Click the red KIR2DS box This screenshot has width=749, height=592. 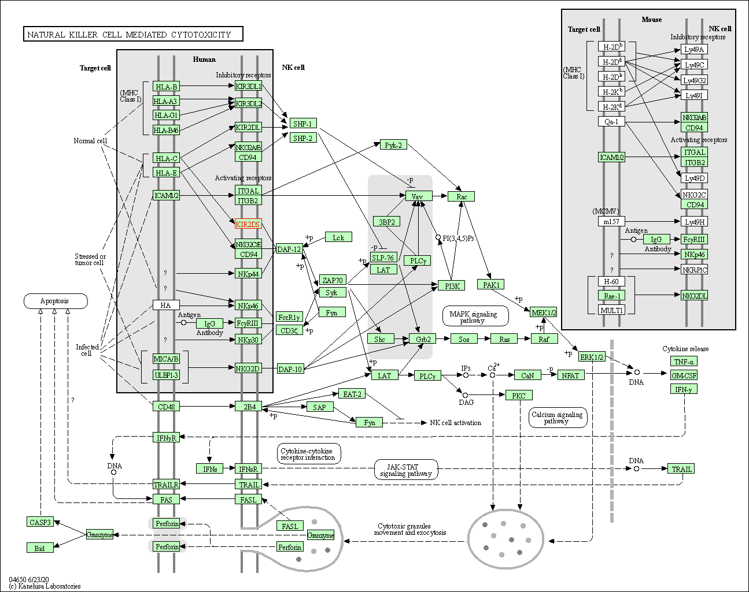[x=248, y=224]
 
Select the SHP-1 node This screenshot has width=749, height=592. [x=303, y=124]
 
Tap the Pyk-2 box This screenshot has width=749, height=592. [x=393, y=145]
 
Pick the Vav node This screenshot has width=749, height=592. [x=419, y=196]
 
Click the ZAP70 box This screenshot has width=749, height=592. [x=333, y=280]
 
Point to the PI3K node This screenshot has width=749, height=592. [x=451, y=286]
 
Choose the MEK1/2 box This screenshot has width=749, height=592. [x=543, y=312]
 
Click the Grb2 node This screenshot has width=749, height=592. [x=422, y=339]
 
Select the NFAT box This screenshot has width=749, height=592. [x=571, y=375]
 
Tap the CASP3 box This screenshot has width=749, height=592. [x=40, y=522]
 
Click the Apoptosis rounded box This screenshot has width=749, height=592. [x=56, y=301]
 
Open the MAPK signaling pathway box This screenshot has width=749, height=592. [x=475, y=316]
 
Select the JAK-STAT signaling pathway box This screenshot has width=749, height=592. [x=406, y=470]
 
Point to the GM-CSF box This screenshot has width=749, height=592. [x=684, y=375]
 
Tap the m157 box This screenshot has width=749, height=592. [x=611, y=221]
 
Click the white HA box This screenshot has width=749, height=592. [x=167, y=305]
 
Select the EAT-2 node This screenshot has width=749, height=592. [x=352, y=394]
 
